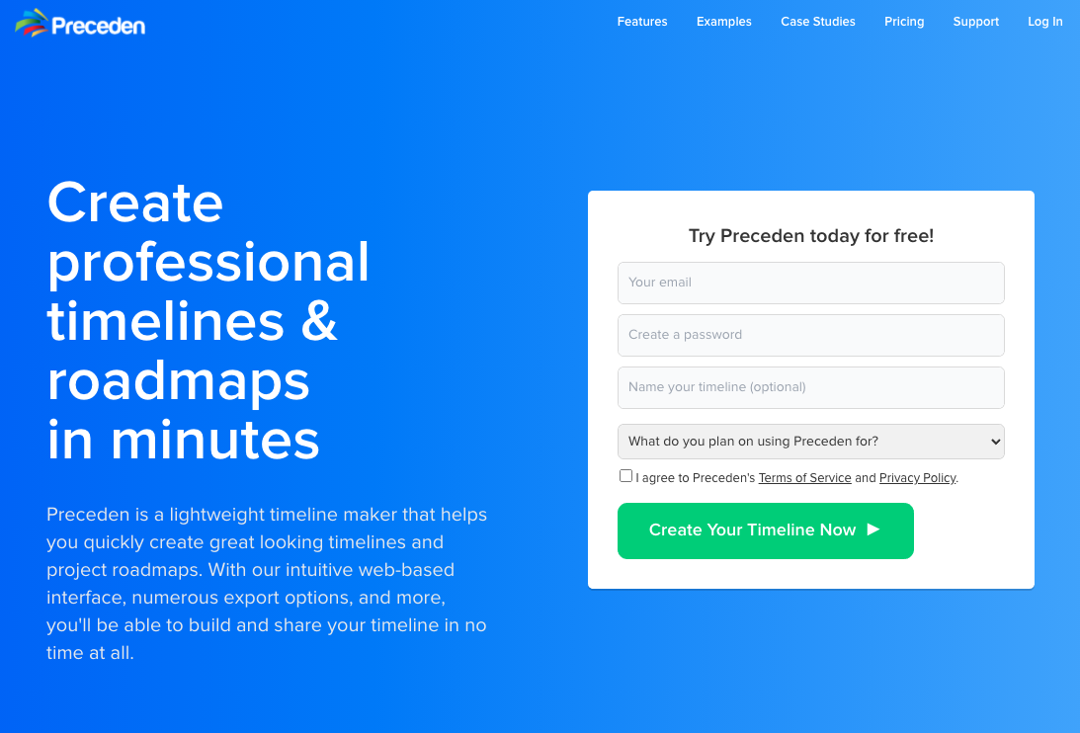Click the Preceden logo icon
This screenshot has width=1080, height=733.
coord(32,23)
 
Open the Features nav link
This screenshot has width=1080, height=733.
coord(642,22)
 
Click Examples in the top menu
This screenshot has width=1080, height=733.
coord(724,22)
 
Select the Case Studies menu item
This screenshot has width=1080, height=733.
coord(817,22)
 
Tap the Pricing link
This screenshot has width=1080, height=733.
coord(904,22)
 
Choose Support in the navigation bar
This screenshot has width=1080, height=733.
coord(975,22)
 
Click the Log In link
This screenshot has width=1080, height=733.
coord(1044,22)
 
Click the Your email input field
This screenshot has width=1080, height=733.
coord(810,283)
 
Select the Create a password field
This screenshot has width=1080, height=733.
coord(810,335)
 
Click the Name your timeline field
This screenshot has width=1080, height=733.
coord(810,387)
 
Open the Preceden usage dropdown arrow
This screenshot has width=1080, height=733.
coord(995,442)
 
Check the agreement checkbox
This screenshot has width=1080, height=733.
coord(625,476)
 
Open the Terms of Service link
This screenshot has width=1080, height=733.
coord(804,478)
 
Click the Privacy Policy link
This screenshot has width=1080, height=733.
coord(917,478)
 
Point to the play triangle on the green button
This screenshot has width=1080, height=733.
coord(873,529)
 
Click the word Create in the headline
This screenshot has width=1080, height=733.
coord(135,203)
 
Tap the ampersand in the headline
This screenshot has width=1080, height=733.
coord(319,321)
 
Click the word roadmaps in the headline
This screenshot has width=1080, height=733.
coord(179,381)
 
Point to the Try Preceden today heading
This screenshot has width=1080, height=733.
coord(810,235)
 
